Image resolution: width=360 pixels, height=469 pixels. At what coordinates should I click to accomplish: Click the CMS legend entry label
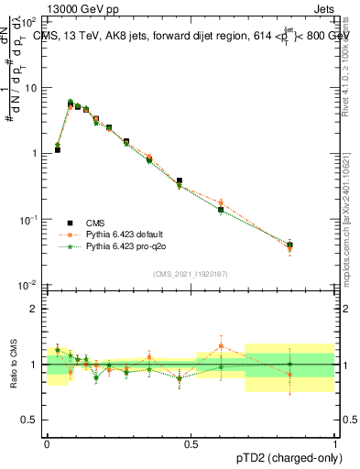(x=94, y=222)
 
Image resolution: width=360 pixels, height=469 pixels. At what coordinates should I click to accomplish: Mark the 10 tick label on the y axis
(x=33, y=89)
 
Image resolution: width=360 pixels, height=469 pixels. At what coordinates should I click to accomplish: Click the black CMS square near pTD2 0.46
(x=180, y=181)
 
